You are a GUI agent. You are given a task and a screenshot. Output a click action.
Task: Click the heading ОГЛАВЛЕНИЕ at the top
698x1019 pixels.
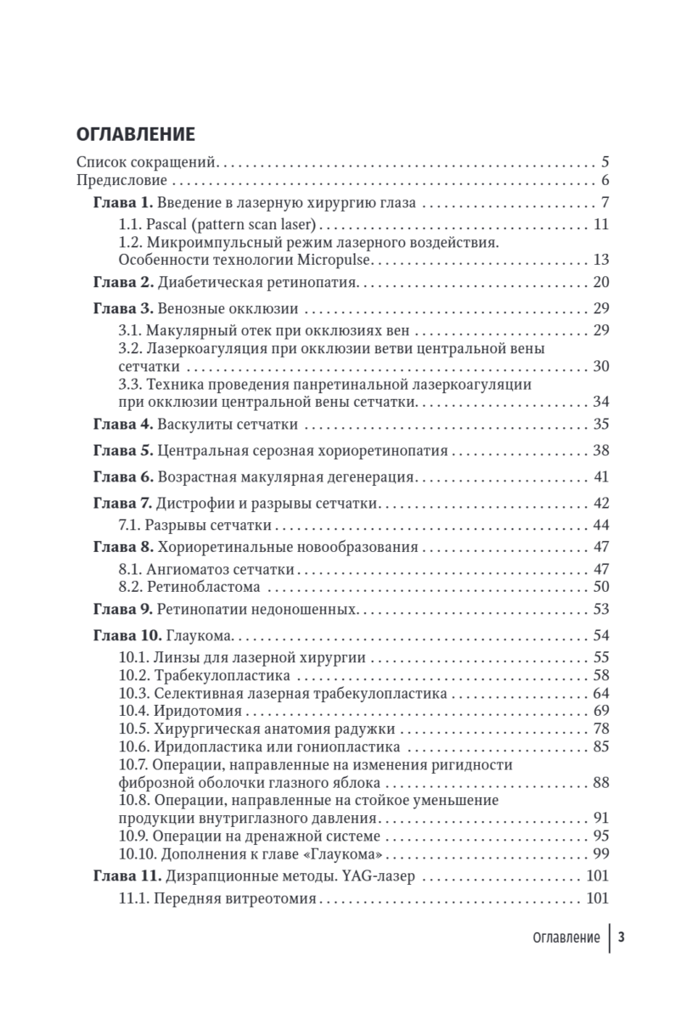(x=136, y=134)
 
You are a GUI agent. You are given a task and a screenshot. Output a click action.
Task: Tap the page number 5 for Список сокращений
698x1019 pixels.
(x=605, y=160)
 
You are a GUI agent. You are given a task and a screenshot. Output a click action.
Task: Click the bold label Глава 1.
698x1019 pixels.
(x=121, y=203)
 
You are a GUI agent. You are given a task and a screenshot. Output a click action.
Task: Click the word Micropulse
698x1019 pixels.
(x=339, y=259)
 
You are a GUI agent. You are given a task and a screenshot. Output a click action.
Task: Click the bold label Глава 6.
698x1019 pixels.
(x=121, y=476)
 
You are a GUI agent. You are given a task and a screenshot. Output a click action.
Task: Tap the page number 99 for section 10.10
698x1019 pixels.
(x=602, y=853)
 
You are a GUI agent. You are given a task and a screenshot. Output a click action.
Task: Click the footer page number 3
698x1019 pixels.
(x=622, y=937)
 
